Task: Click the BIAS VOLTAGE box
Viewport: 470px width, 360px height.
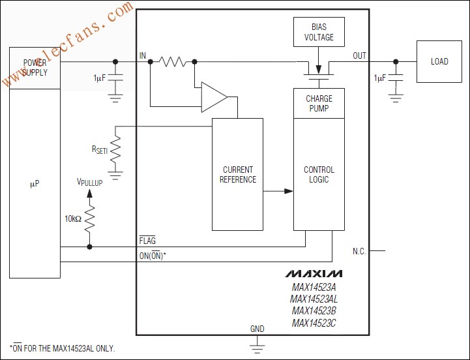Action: pyautogui.click(x=319, y=32)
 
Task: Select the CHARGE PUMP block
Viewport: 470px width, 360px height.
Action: pyautogui.click(x=319, y=103)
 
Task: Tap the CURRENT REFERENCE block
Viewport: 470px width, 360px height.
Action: pyautogui.click(x=238, y=174)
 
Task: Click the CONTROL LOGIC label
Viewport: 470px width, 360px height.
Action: pyautogui.click(x=319, y=174)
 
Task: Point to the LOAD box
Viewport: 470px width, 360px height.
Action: pyautogui.click(x=439, y=61)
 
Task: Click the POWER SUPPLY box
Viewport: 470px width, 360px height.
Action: pyautogui.click(x=35, y=68)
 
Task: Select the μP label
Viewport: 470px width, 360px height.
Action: pyautogui.click(x=35, y=184)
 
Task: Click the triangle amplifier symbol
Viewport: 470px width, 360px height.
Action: pyautogui.click(x=214, y=97)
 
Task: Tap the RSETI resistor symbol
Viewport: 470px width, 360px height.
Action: pyautogui.click(x=115, y=149)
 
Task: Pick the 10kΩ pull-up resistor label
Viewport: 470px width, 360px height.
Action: pyautogui.click(x=73, y=218)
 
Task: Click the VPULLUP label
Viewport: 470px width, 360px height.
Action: pyautogui.click(x=89, y=182)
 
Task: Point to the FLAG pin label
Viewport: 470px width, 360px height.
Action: pyautogui.click(x=147, y=240)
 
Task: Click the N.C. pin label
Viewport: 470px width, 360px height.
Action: pyautogui.click(x=359, y=251)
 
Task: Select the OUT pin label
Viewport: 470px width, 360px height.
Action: pyautogui.click(x=359, y=55)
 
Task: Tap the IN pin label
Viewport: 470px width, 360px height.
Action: pyautogui.click(x=143, y=55)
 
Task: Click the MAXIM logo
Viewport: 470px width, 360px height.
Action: pyautogui.click(x=314, y=273)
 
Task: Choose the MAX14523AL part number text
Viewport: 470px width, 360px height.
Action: pyautogui.click(x=314, y=299)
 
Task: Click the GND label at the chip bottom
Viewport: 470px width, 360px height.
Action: pyautogui.click(x=257, y=329)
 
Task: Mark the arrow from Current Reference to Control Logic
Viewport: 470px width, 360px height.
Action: pyautogui.click(x=278, y=191)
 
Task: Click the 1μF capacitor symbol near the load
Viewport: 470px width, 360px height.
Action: pyautogui.click(x=396, y=78)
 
